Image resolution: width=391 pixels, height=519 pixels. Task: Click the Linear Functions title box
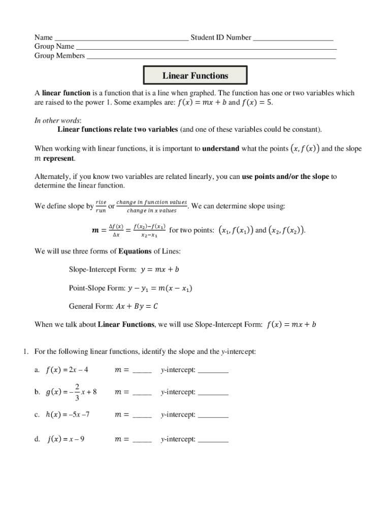[x=195, y=76]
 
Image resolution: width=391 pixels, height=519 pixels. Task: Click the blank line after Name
[x=121, y=39]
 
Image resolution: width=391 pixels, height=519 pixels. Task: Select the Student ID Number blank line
[x=293, y=39]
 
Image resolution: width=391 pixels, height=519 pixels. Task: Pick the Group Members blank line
[x=211, y=57]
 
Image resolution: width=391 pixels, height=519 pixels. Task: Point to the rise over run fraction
[x=101, y=206]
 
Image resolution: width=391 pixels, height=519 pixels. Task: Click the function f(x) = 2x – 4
[x=67, y=369]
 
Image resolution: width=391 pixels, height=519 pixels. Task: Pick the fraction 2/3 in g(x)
[x=77, y=392]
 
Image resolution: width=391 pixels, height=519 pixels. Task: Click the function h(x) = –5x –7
[x=68, y=415]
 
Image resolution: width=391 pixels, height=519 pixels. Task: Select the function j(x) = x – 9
[x=66, y=439]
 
